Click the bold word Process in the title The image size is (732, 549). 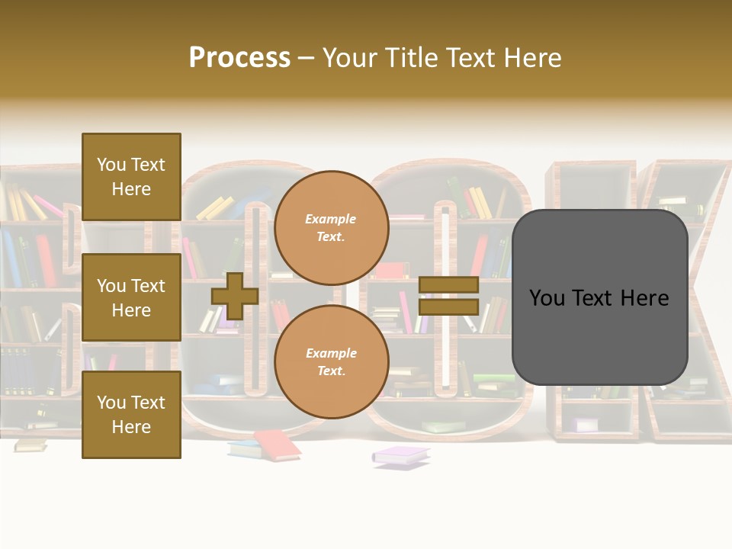(239, 58)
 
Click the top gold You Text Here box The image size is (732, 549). (131, 177)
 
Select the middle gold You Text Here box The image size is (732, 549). (131, 297)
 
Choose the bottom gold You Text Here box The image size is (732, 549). (131, 414)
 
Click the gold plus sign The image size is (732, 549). (235, 296)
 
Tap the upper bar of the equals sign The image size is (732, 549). (449, 285)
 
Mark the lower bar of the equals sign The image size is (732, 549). (449, 307)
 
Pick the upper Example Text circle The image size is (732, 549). (331, 227)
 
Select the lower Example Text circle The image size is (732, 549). (331, 361)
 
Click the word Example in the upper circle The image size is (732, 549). (331, 219)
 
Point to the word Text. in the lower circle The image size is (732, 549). (331, 371)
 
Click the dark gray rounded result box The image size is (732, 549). (599, 297)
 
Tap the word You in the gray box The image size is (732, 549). (547, 297)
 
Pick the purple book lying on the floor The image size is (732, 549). (401, 455)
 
